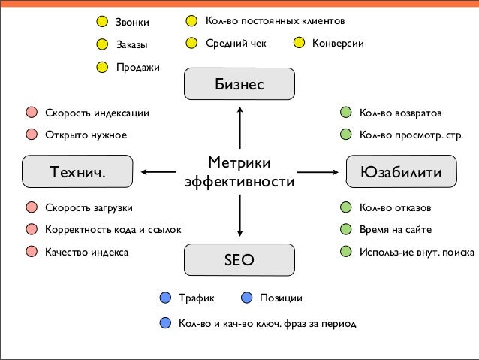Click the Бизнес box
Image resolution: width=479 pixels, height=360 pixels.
pos(239,84)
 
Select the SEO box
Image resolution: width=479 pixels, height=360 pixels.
pos(239,260)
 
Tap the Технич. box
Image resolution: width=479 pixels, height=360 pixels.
pos(78,172)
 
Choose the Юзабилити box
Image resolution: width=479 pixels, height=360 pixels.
pos(400,172)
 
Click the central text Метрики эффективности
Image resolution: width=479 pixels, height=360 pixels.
pos(239,173)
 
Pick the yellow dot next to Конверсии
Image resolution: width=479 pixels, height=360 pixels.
pos(300,43)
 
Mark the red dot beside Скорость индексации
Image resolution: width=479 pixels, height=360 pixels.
pos(32,113)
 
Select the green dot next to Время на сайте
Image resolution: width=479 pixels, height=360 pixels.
pos(345,229)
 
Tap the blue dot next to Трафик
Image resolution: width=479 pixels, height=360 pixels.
pos(165,298)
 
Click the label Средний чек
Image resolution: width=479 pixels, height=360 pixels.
pos(236,43)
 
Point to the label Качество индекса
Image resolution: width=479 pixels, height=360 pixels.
pos(86,252)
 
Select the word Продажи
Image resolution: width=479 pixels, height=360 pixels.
pos(137,67)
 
